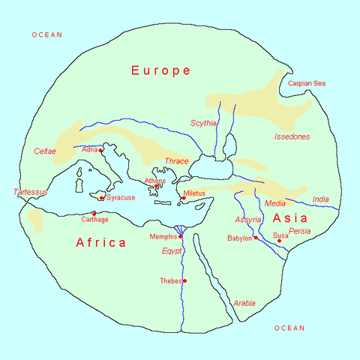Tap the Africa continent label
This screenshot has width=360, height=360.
pyautogui.click(x=100, y=242)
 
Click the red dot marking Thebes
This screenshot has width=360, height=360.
pyautogui.click(x=184, y=281)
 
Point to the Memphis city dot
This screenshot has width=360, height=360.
pyautogui.click(x=180, y=236)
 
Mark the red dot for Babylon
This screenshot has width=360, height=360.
pyautogui.click(x=256, y=238)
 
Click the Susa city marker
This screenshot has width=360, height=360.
pyautogui.click(x=279, y=241)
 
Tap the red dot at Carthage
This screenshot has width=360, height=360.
pyautogui.click(x=94, y=213)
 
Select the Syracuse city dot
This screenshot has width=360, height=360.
pyautogui.click(x=101, y=198)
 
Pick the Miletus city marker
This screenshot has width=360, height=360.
pyautogui.click(x=183, y=198)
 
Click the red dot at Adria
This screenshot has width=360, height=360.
pyautogui.click(x=100, y=151)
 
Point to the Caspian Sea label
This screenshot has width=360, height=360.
pyautogui.click(x=307, y=83)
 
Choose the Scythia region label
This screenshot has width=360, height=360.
pyautogui.click(x=203, y=123)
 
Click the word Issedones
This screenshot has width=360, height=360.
pyautogui.click(x=292, y=137)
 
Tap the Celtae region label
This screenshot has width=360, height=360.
pyautogui.click(x=45, y=151)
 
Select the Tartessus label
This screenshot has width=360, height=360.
pyautogui.click(x=31, y=192)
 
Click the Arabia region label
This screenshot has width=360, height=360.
pyautogui.click(x=244, y=303)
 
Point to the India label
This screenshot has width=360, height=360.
pyautogui.click(x=320, y=199)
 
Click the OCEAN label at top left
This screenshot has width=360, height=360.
pyautogui.click(x=46, y=35)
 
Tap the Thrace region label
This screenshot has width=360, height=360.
pyautogui.click(x=176, y=161)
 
